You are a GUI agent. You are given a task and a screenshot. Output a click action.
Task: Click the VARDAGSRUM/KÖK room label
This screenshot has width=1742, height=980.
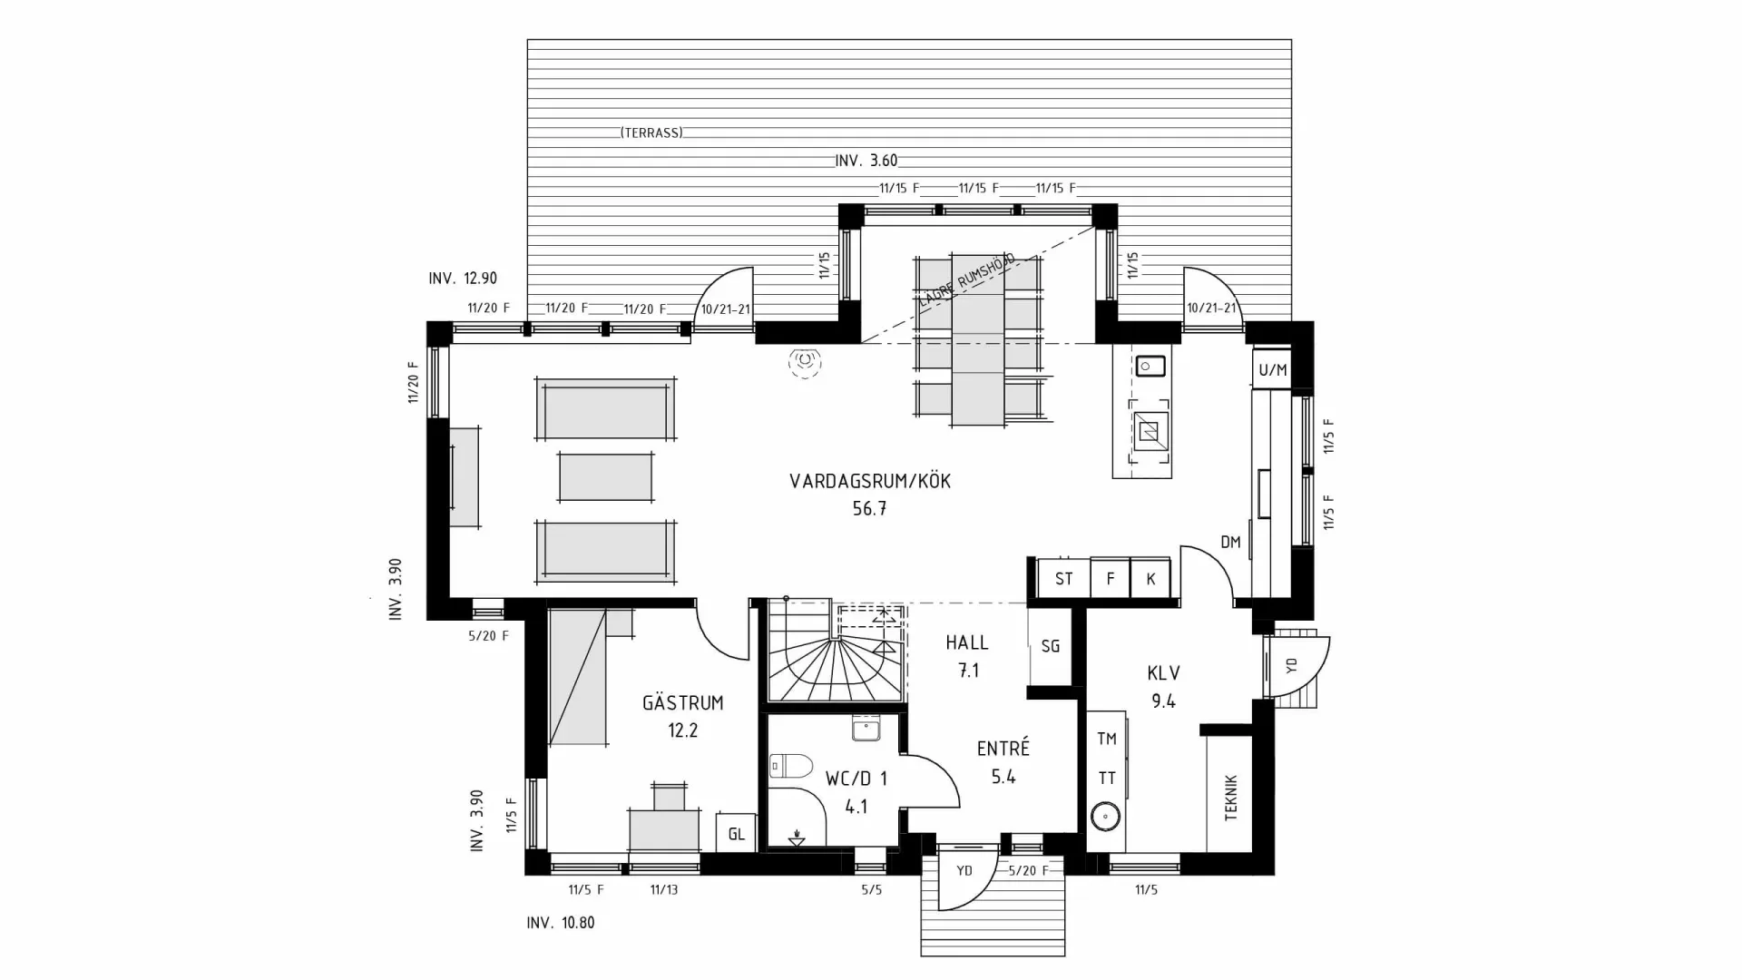coord(869,481)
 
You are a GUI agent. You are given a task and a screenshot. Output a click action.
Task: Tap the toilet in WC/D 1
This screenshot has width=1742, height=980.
coord(789,767)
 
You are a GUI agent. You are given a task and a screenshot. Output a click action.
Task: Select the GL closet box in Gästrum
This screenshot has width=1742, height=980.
coord(736,833)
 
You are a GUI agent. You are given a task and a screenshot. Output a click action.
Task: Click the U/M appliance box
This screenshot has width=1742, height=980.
coord(1272,369)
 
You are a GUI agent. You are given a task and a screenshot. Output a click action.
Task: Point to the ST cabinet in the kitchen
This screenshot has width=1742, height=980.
coord(1063,579)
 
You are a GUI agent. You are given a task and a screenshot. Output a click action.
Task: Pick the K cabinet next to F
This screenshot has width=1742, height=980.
coord(1150,579)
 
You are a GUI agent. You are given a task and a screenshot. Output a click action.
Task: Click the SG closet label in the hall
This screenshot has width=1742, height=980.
coord(1050,646)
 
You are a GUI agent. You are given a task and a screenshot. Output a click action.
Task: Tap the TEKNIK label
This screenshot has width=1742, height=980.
coord(1230,797)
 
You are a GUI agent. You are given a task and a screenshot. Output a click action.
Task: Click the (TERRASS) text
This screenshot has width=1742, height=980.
coord(651,132)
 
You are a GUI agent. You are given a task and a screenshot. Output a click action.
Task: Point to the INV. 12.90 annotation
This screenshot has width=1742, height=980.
coord(463,279)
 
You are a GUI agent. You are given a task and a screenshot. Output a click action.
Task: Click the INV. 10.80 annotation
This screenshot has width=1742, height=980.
coord(561,923)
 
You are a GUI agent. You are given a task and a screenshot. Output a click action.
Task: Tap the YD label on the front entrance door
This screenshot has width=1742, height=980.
coord(964,870)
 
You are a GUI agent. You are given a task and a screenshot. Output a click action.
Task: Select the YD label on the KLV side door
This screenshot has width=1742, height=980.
coord(1292,665)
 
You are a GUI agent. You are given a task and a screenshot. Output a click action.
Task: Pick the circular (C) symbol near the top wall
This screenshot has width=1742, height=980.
coord(805,362)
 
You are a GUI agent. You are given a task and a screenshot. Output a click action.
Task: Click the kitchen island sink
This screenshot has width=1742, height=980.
coord(1150,366)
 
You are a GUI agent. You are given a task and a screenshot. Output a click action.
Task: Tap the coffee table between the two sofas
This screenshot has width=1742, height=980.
coord(605,476)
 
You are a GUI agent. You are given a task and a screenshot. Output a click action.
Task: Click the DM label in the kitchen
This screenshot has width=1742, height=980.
coord(1230,543)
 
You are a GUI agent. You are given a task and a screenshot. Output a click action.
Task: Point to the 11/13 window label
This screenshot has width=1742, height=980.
coord(664,890)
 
